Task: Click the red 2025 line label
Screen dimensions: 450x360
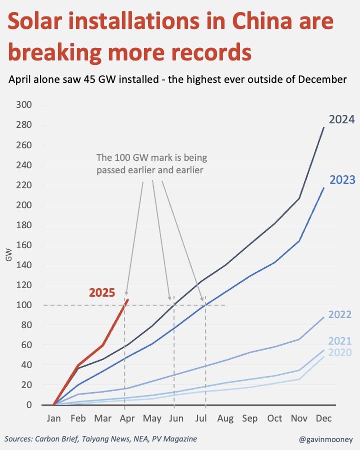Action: point(102,293)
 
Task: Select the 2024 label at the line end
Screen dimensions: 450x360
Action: point(341,119)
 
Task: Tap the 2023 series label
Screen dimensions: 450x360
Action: point(341,180)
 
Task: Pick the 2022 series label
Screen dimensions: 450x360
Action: point(339,315)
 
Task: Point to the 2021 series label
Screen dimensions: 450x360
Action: point(339,342)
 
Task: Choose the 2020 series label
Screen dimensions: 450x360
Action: point(339,353)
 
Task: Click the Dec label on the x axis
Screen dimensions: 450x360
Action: point(323,419)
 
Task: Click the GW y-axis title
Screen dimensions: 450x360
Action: point(9,257)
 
